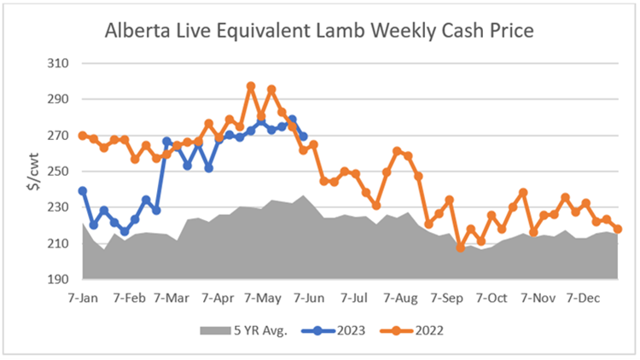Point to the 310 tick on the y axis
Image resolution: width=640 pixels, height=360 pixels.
58,63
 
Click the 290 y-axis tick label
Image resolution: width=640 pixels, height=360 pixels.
58,99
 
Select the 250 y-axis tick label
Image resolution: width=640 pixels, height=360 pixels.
58,171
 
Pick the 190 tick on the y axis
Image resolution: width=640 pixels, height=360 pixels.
58,280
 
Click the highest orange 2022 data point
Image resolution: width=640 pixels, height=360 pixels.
251,86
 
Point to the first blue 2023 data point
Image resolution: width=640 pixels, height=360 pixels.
83,191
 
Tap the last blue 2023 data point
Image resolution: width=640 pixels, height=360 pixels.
303,136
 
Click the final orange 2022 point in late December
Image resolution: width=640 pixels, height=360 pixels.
617,229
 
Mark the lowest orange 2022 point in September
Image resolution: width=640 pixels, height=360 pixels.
460,247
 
